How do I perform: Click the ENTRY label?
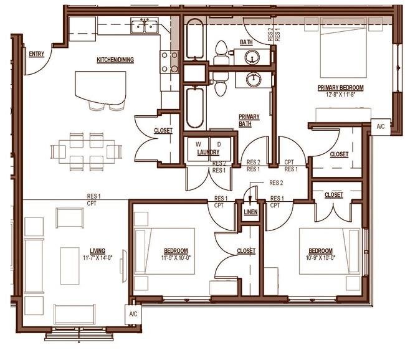(37, 54)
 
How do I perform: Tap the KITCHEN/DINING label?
(115, 60)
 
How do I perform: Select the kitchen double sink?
(145, 27)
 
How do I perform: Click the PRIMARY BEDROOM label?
(340, 87)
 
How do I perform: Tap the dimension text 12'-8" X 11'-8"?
(340, 95)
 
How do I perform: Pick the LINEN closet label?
(250, 212)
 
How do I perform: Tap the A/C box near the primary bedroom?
(381, 127)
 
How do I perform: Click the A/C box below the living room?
(133, 314)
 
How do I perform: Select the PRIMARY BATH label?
(249, 120)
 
